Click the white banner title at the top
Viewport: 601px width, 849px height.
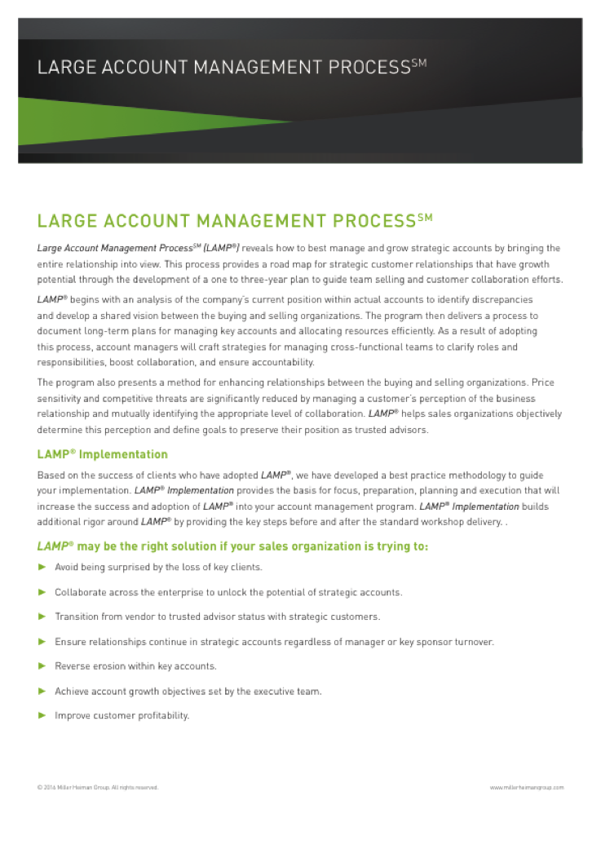click(x=232, y=67)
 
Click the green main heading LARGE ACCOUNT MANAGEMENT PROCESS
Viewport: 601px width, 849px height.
click(x=235, y=221)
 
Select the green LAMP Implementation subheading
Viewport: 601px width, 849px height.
click(x=103, y=454)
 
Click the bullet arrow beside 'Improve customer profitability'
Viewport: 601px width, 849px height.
click(x=42, y=715)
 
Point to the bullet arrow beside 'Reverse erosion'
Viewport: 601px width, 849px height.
click(x=42, y=666)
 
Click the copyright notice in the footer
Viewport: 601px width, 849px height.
click(x=98, y=787)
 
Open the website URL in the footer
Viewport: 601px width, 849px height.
click(x=527, y=787)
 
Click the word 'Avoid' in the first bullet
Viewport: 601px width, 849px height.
click(x=67, y=567)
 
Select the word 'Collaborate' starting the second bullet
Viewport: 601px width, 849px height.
click(x=79, y=592)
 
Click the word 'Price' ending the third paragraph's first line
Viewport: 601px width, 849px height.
click(x=550, y=382)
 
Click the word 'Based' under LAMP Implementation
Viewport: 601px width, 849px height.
click(x=51, y=475)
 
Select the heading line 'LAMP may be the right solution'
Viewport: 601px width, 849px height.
click(x=232, y=546)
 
